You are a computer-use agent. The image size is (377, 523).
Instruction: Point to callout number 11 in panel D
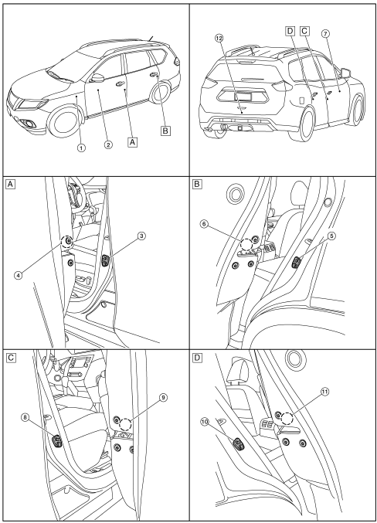[x=324, y=392]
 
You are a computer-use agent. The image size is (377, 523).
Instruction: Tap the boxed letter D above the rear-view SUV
[x=290, y=32]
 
